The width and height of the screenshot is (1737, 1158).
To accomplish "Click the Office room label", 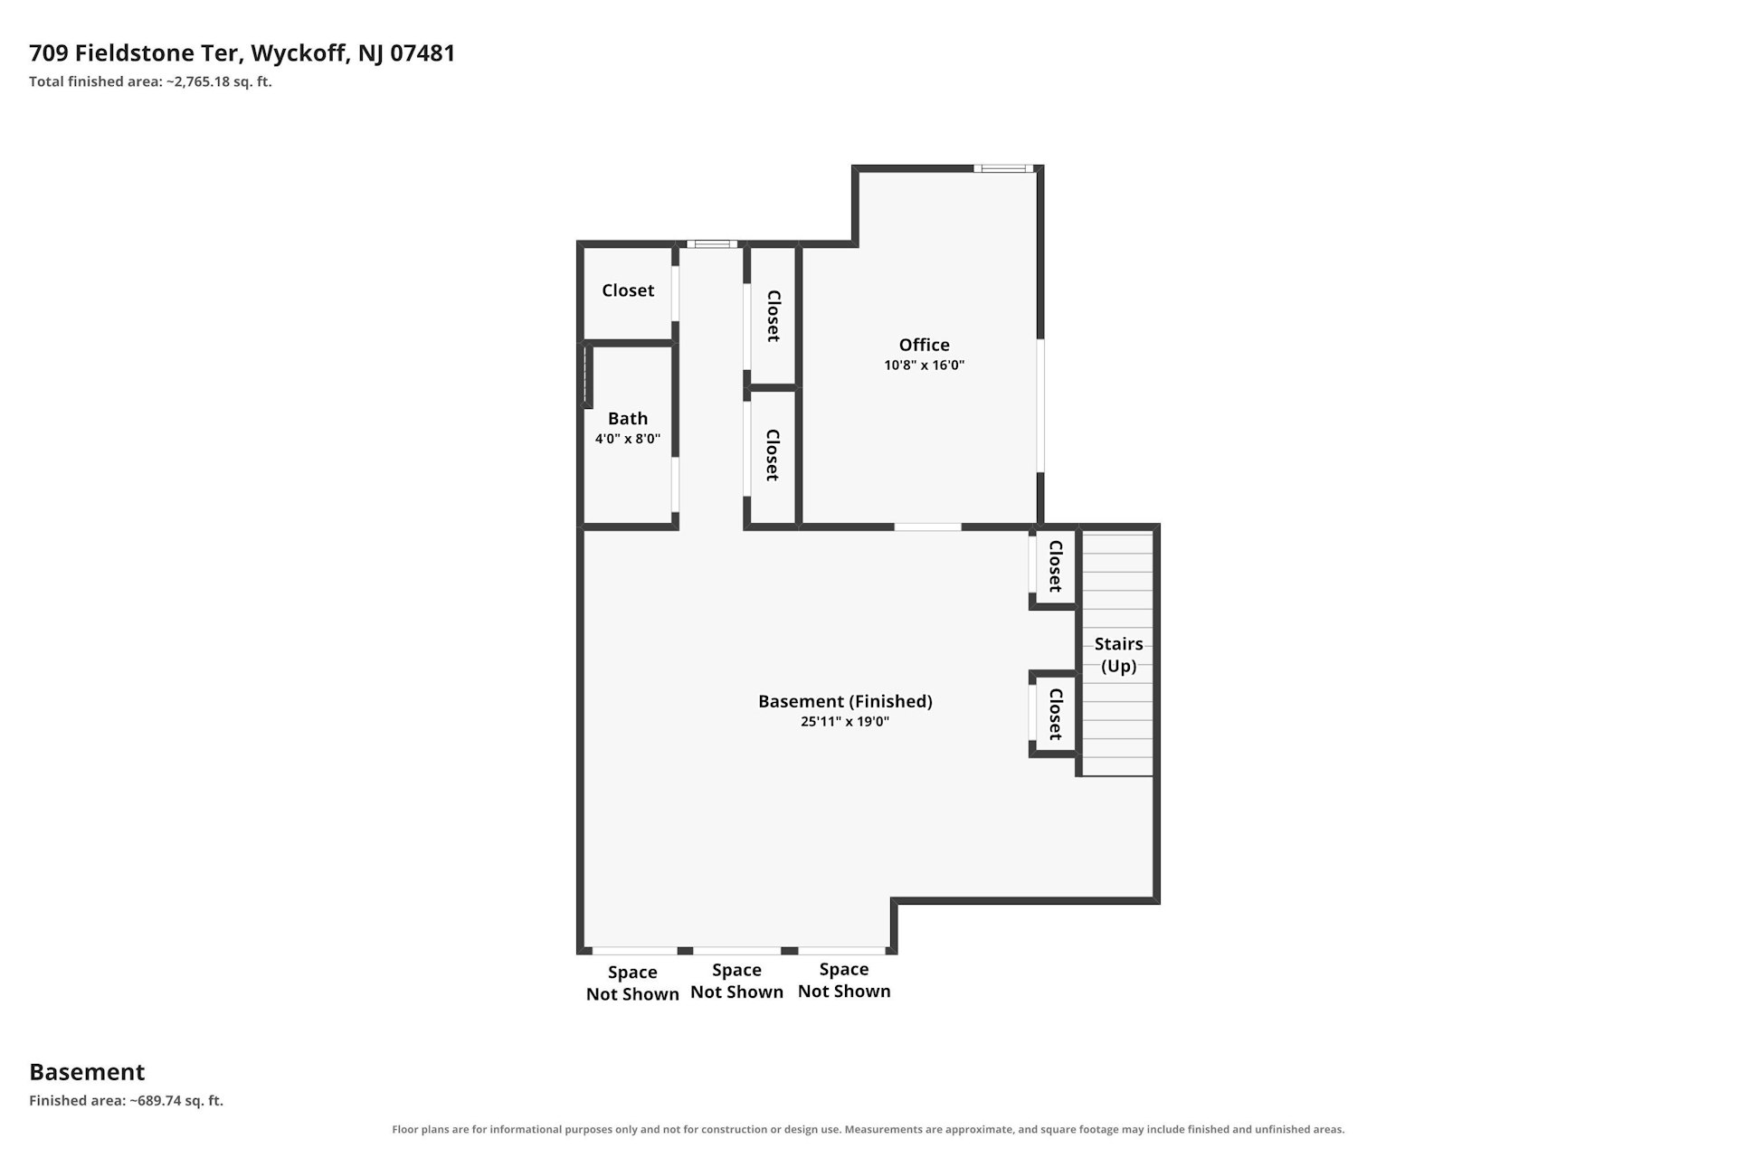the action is [x=924, y=345].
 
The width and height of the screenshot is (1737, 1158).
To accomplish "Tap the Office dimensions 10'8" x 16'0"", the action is [x=924, y=365].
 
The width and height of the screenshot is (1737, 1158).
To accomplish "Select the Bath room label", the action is [x=628, y=418].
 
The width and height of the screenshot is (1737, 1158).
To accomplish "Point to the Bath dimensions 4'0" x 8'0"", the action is [x=628, y=439].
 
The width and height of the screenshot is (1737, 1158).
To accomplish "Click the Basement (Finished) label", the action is [x=845, y=701].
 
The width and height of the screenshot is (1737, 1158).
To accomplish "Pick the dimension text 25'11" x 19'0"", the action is [x=845, y=722].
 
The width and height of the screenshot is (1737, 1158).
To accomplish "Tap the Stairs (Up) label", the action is [x=1119, y=655].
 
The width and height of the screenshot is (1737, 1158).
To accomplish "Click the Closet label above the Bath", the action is [x=628, y=290].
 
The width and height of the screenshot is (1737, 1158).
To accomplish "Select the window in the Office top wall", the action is [x=1004, y=168].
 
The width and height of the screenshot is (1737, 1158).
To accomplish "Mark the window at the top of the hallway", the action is [x=712, y=243].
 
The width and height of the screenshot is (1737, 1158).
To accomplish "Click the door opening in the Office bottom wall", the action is [x=927, y=527].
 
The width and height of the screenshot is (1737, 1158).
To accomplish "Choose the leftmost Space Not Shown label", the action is [x=632, y=983].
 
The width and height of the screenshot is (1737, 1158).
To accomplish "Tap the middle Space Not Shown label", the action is [x=736, y=981].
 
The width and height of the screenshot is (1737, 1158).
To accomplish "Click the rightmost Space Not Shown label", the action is [x=844, y=980].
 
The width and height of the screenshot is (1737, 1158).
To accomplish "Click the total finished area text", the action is [x=150, y=81].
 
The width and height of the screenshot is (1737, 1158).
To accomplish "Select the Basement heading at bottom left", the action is [x=87, y=1072].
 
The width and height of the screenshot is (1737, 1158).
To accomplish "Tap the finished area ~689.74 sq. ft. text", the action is [x=126, y=1101].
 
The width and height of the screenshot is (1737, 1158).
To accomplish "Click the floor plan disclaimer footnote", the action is [x=868, y=1129].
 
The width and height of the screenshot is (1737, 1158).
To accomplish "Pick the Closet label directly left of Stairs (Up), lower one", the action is [x=1055, y=714].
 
